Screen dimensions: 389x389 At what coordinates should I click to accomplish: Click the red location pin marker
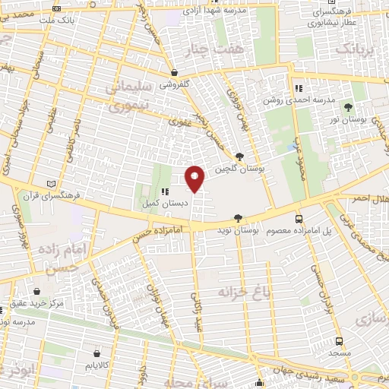click(x=195, y=179)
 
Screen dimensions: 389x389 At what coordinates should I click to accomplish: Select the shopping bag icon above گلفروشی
click(x=175, y=74)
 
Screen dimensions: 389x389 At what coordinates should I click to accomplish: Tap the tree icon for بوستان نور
click(x=349, y=107)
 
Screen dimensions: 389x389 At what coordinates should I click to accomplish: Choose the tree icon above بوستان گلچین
click(x=239, y=157)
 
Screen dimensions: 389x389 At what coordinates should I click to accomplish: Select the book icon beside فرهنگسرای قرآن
click(x=51, y=184)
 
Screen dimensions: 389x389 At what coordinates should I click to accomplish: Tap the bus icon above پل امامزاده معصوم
click(x=299, y=217)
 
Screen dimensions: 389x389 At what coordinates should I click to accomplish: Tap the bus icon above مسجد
click(x=340, y=341)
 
